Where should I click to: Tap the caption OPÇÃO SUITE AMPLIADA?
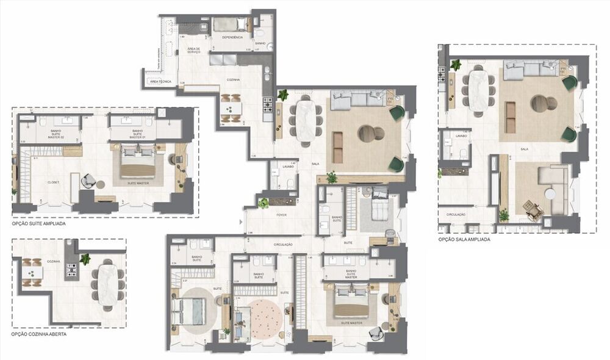(38, 224)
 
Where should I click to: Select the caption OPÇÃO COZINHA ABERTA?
(38, 335)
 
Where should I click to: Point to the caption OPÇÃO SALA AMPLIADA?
(464, 240)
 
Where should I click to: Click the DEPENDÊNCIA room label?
(232, 38)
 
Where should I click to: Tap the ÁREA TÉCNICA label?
(160, 81)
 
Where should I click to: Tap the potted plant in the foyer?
(263, 203)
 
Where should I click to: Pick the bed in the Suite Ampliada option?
(138, 164)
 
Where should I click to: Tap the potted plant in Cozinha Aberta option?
(85, 259)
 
